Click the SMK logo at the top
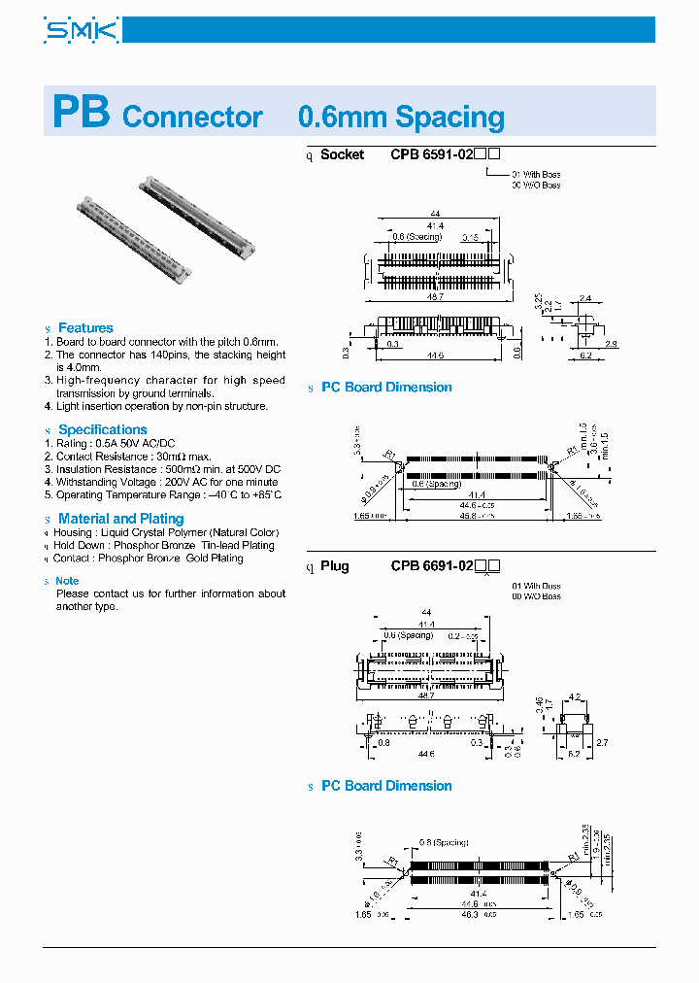(82, 31)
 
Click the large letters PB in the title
(81, 113)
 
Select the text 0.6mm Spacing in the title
(400, 118)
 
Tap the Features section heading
(85, 328)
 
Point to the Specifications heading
(102, 429)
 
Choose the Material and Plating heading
(120, 519)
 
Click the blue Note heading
(68, 581)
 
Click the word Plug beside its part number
(335, 566)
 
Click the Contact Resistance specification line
(133, 456)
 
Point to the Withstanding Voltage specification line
(167, 482)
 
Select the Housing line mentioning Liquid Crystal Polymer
(166, 532)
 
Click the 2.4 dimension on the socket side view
(584, 298)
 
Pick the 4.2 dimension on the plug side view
(574, 696)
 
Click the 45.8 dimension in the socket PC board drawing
(469, 516)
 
